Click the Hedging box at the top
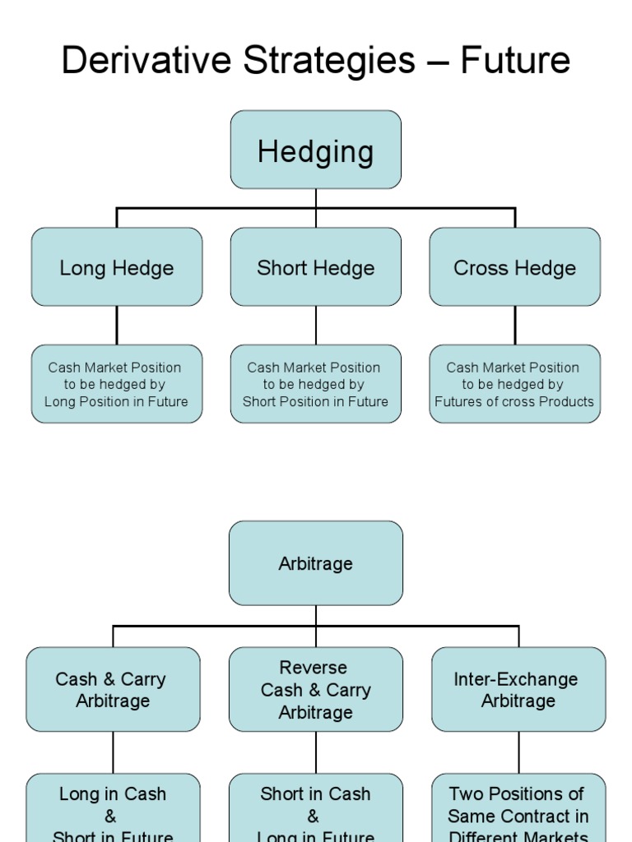pyautogui.click(x=316, y=150)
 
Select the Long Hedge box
pyautogui.click(x=117, y=267)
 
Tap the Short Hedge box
pyautogui.click(x=316, y=267)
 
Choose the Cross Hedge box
pyautogui.click(x=515, y=267)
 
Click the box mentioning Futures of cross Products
pyautogui.click(x=515, y=384)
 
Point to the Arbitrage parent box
pyautogui.click(x=316, y=563)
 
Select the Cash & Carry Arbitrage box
pyautogui.click(x=113, y=690)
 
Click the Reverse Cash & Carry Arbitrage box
pyautogui.click(x=316, y=690)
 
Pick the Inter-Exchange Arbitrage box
pyautogui.click(x=518, y=690)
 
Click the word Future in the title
pyautogui.click(x=515, y=61)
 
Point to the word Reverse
pyautogui.click(x=313, y=668)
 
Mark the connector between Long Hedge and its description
pyautogui.click(x=117, y=325)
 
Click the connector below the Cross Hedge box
pyautogui.click(x=515, y=325)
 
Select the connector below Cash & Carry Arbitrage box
pyautogui.click(x=113, y=752)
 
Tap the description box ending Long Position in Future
pyautogui.click(x=117, y=384)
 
